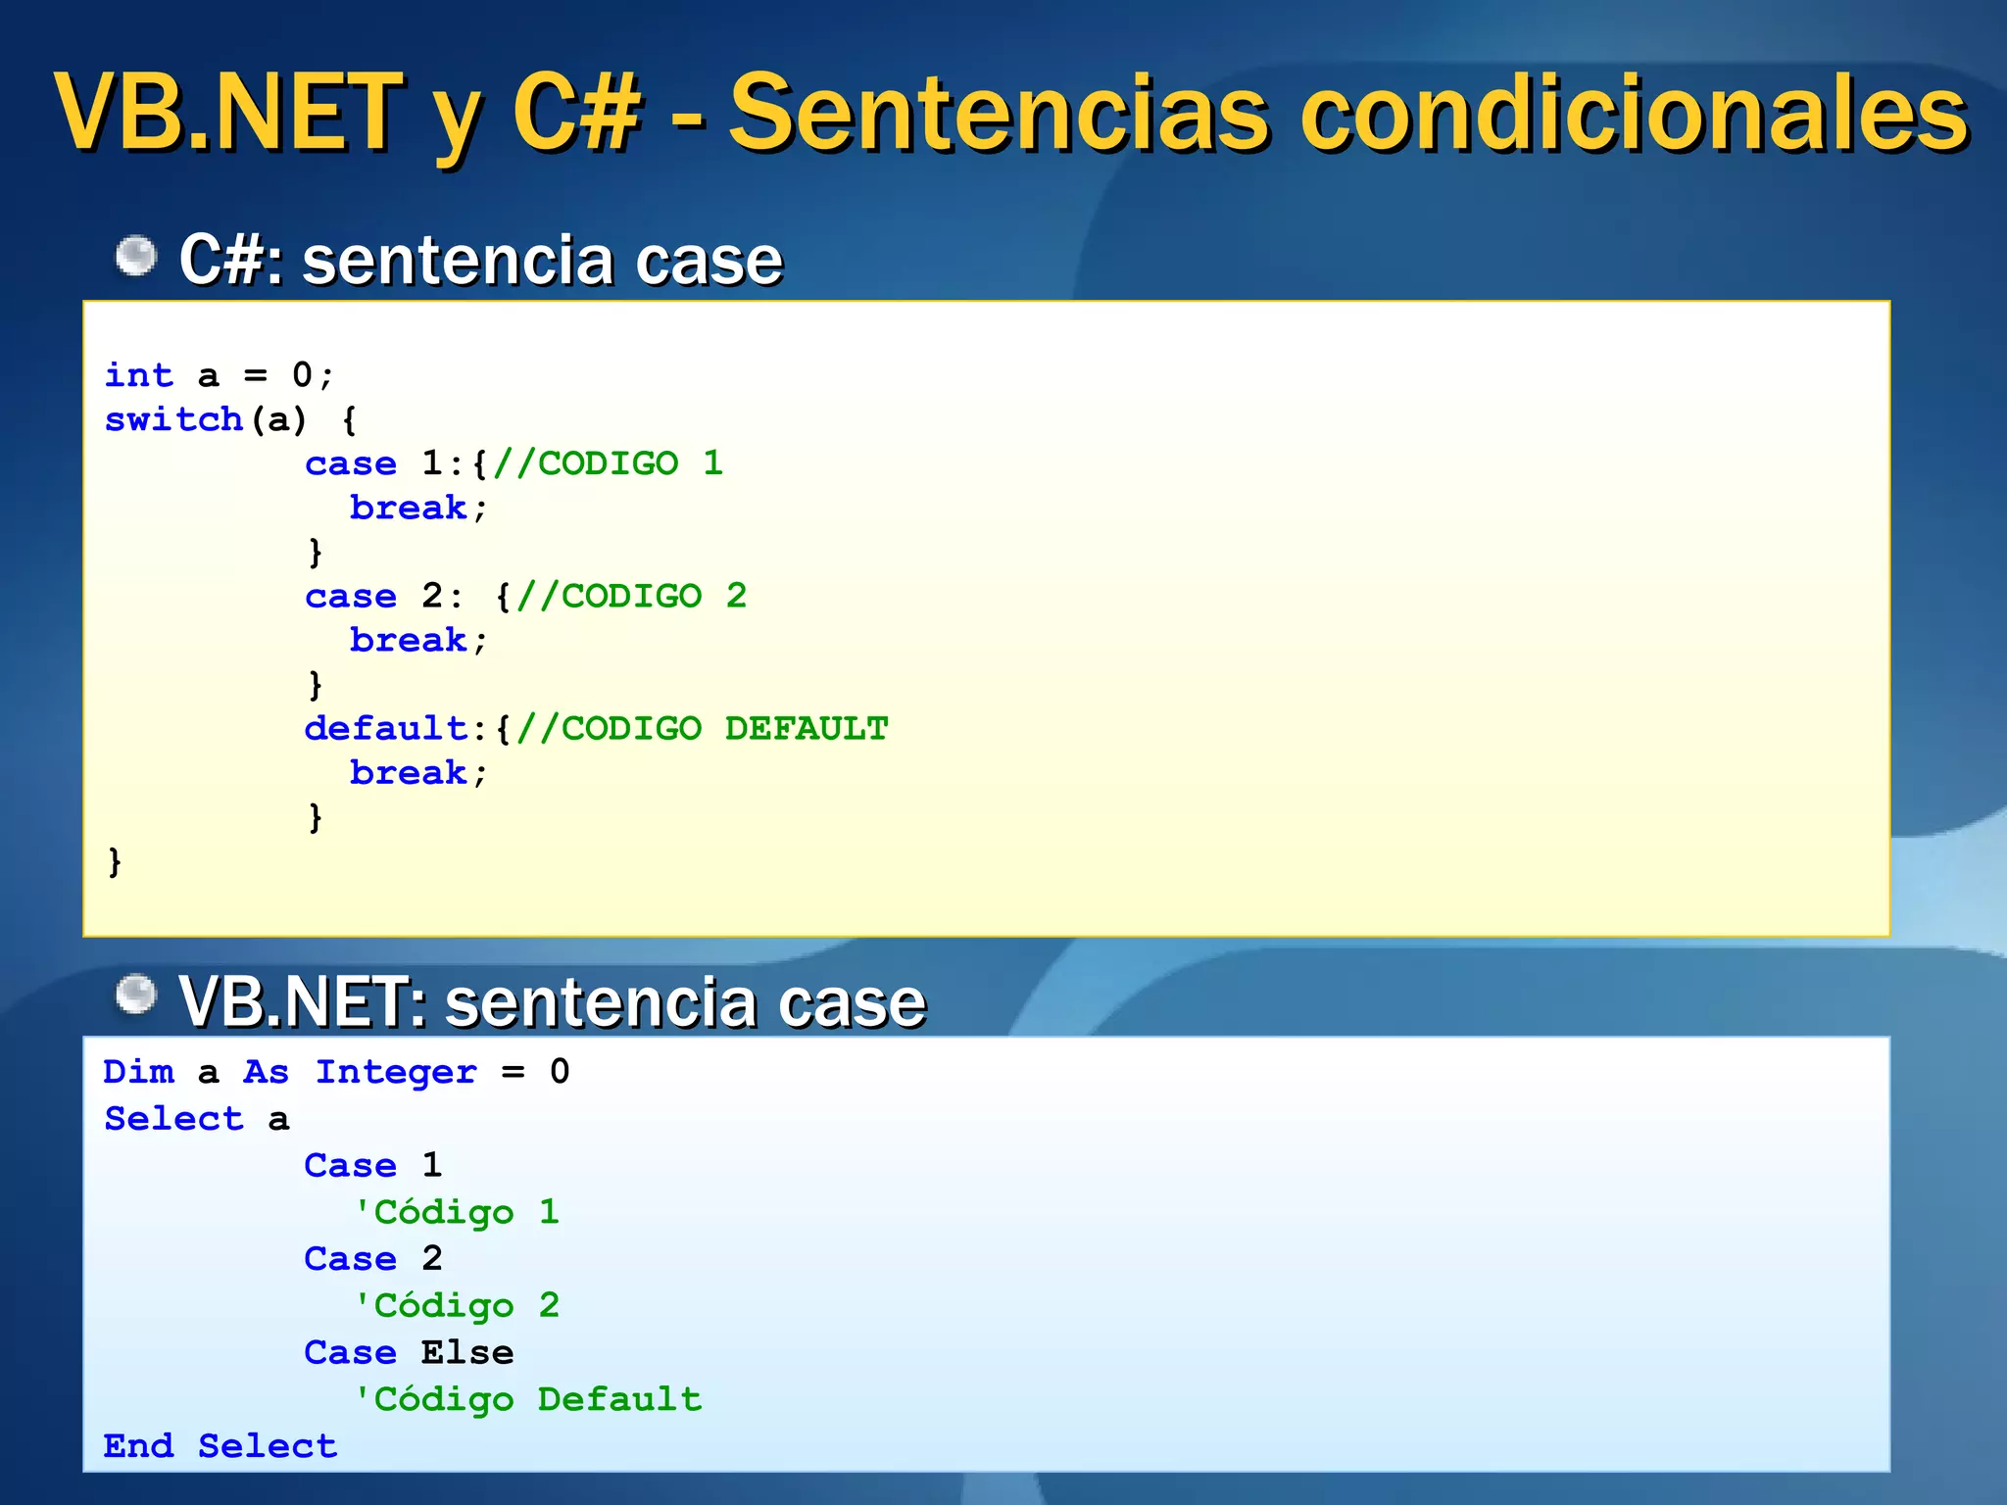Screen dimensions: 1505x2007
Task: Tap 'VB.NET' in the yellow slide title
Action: pyautogui.click(x=228, y=114)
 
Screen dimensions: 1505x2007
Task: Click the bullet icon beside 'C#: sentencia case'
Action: pyautogui.click(x=135, y=257)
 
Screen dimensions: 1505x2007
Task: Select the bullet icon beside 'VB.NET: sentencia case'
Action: pyautogui.click(x=135, y=995)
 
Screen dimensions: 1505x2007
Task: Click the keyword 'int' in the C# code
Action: pyautogui.click(x=138, y=375)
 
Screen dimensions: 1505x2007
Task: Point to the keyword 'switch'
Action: pyautogui.click(x=173, y=419)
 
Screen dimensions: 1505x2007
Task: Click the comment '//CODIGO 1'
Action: pyautogui.click(x=609, y=463)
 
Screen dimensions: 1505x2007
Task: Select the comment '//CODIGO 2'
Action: pyautogui.click(x=632, y=596)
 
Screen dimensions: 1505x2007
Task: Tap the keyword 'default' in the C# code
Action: pyautogui.click(x=386, y=728)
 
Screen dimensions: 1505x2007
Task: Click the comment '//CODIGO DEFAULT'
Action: pyautogui.click(x=703, y=728)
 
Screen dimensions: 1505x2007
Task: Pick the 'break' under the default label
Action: pyautogui.click(x=409, y=773)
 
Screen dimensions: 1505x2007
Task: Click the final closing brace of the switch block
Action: pyautogui.click(x=115, y=861)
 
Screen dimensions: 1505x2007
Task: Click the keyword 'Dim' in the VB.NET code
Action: pyautogui.click(x=138, y=1072)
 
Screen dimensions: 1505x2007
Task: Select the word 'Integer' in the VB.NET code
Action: pyautogui.click(x=396, y=1072)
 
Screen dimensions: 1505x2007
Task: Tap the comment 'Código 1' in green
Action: pyautogui.click(x=456, y=1212)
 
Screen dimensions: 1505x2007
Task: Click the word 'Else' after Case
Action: pyautogui.click(x=467, y=1352)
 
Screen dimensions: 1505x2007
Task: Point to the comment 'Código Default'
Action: pyautogui.click(x=527, y=1399)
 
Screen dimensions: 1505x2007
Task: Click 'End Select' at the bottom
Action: pyautogui.click(x=220, y=1446)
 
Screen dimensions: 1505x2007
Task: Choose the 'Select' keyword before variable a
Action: pyautogui.click(x=173, y=1119)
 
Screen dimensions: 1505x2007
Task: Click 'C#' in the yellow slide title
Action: pyautogui.click(x=576, y=114)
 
